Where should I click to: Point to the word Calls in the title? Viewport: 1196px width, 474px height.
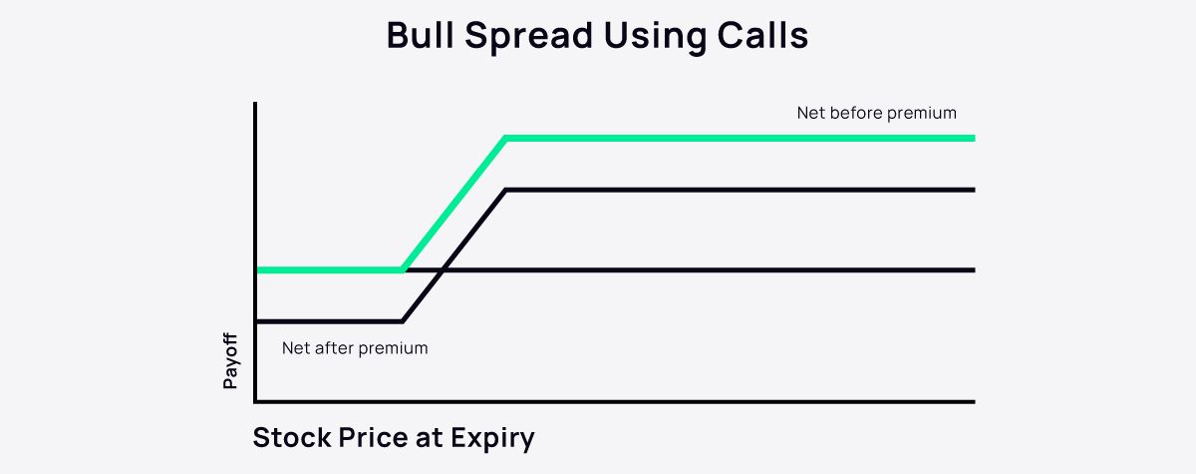(x=766, y=36)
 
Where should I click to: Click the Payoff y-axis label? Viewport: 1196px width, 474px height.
(x=230, y=361)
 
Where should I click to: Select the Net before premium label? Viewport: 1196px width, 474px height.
(x=876, y=113)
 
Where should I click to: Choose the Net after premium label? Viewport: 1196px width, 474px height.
(x=355, y=348)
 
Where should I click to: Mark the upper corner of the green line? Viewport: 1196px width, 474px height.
(x=506, y=139)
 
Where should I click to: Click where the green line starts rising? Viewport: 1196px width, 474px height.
(x=402, y=270)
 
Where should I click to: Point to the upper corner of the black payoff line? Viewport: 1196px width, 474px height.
(x=506, y=190)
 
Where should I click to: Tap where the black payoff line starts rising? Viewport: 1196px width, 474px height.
(x=402, y=321)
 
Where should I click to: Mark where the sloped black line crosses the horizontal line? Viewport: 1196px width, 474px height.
(x=443, y=270)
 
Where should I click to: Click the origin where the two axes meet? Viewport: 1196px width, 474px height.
(x=256, y=402)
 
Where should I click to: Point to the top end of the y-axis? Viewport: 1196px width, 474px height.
(x=256, y=104)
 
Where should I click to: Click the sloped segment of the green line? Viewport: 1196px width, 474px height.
(x=454, y=205)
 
